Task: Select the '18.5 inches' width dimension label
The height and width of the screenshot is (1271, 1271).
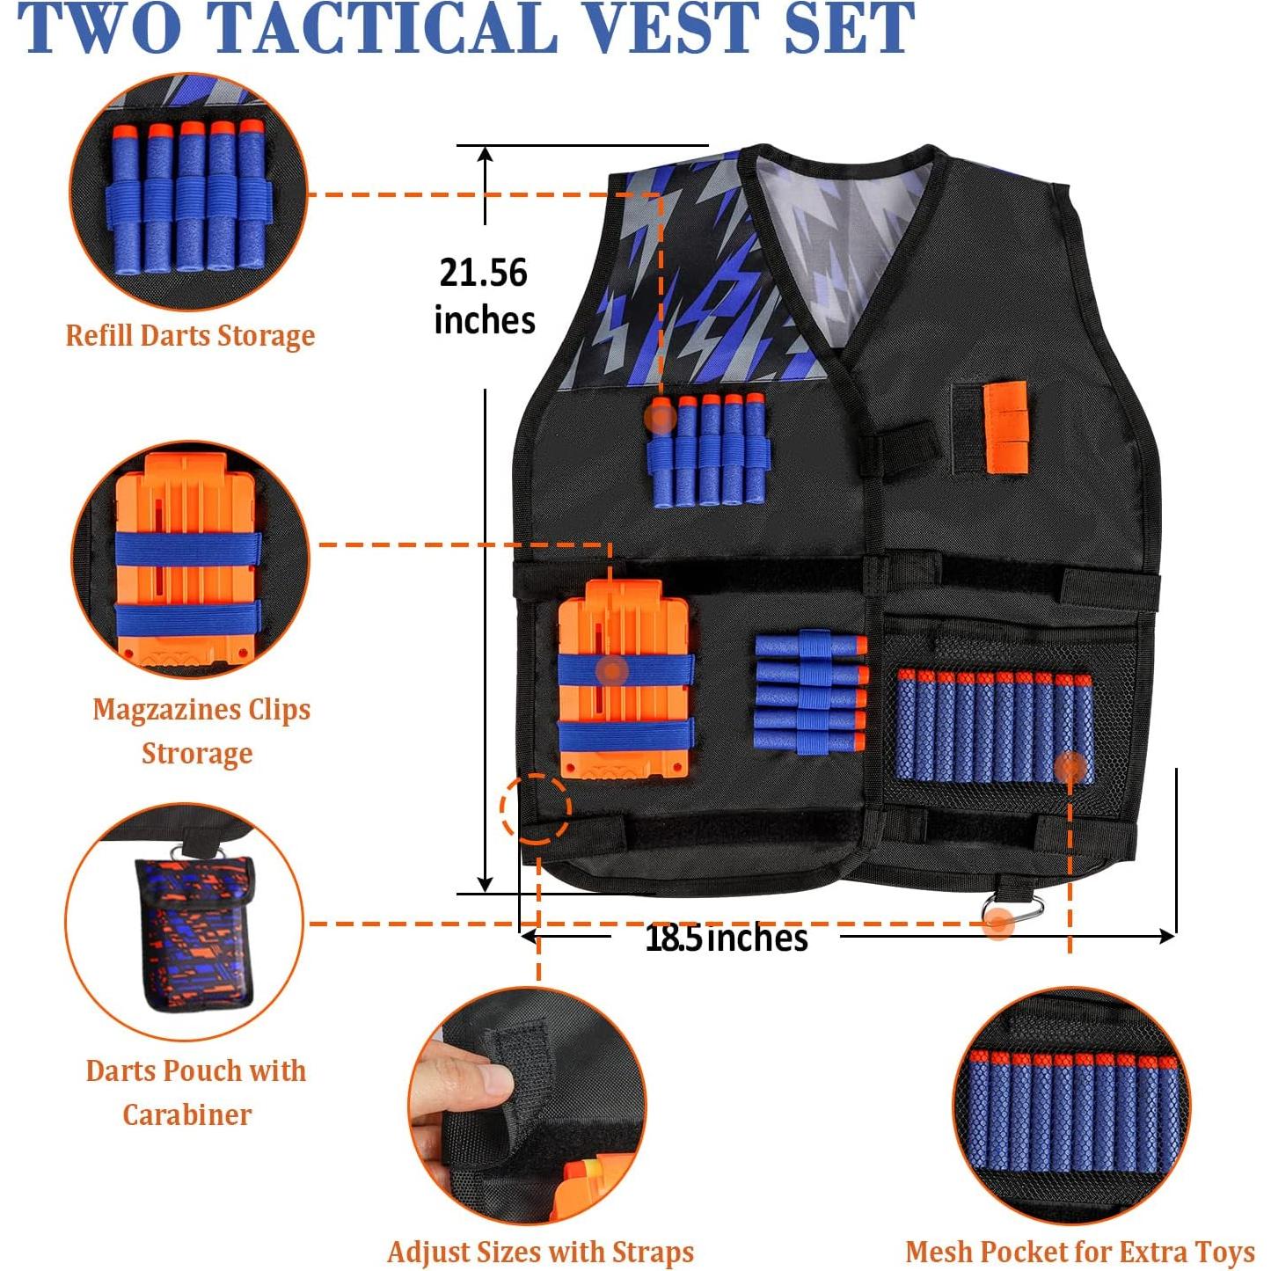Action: [726, 938]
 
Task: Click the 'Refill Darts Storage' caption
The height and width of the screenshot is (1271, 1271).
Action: [190, 335]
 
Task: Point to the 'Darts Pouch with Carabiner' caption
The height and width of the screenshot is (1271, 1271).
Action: [195, 1092]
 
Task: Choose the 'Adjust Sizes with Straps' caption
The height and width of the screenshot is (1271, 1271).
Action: [540, 1251]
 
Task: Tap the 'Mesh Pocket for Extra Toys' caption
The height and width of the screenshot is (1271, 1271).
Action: [1080, 1251]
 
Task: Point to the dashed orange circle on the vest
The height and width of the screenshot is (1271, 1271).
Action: [536, 807]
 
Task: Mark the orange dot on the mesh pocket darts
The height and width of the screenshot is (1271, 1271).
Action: [1070, 766]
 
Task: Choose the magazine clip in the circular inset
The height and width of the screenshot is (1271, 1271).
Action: [187, 563]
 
